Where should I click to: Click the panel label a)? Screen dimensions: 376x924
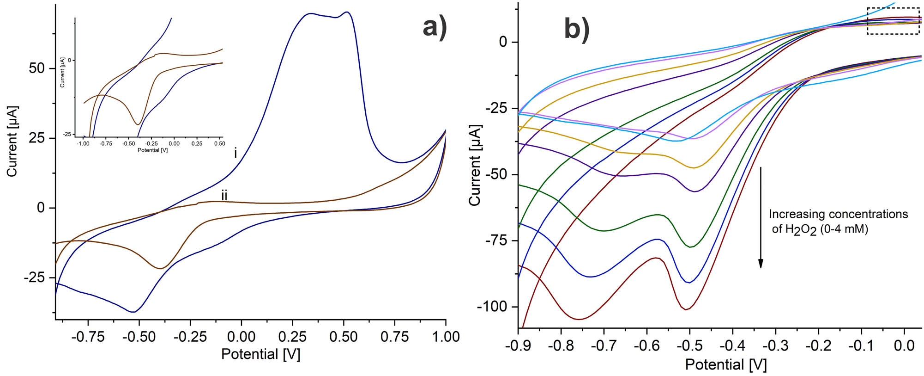pos(435,27)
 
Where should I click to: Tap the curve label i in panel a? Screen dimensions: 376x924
pos(236,153)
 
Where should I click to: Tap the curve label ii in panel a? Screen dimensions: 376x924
pos(224,196)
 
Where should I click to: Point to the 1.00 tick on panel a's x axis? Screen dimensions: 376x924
pos(446,337)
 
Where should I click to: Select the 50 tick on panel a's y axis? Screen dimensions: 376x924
pos(36,68)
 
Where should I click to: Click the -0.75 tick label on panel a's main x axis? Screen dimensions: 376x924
pos(87,337)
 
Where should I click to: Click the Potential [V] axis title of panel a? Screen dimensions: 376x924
pos(260,354)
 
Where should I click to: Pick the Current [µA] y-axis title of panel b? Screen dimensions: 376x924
pos(475,165)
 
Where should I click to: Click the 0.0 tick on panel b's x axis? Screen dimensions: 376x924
pos(904,346)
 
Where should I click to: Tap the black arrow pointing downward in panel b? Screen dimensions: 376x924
pos(761,217)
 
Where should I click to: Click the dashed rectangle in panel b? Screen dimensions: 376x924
pos(893,21)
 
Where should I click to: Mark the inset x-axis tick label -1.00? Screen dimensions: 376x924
pos(83,144)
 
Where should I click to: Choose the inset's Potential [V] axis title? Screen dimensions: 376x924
pos(152,150)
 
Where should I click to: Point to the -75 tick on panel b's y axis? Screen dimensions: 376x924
pos(496,240)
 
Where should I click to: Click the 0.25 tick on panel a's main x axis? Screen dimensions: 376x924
pos(292,337)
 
